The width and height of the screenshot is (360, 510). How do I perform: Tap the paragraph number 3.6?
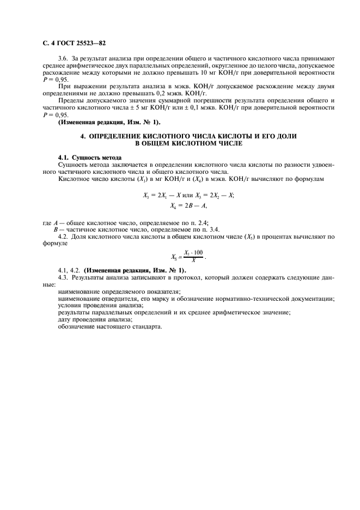point(63,58)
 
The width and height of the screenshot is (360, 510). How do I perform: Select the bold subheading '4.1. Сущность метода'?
point(89,157)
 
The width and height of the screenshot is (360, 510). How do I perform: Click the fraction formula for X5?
point(188,257)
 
